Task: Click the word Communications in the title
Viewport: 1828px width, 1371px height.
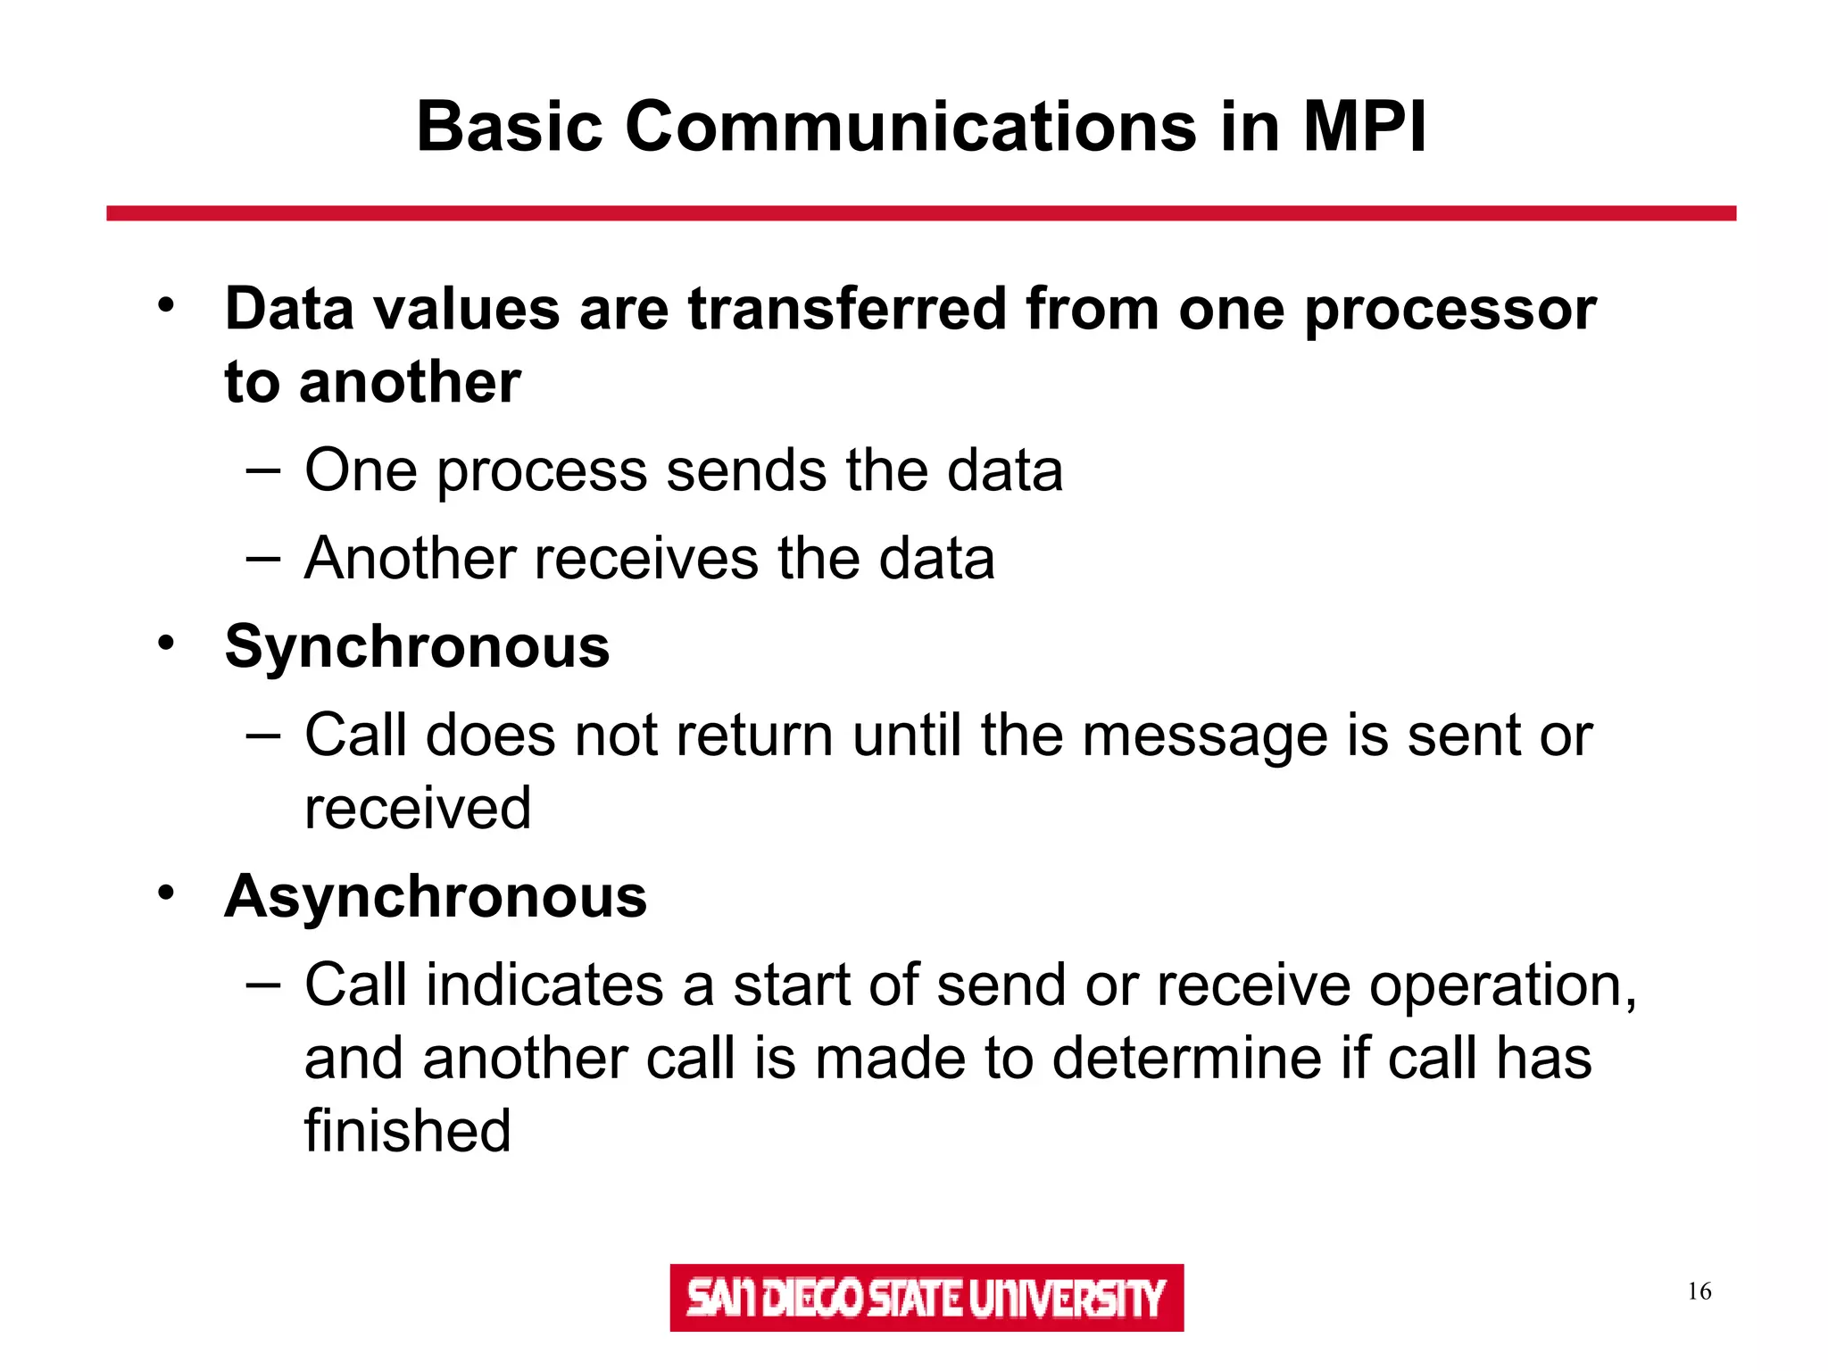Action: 910,127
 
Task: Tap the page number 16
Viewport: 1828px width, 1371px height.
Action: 1699,1292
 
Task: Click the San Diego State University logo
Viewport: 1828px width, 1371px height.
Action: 926,1298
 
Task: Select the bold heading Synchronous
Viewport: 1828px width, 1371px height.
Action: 417,646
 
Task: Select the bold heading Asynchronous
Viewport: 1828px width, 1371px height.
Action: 436,896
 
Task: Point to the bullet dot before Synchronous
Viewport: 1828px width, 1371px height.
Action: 166,643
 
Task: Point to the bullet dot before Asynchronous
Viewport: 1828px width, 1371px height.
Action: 166,893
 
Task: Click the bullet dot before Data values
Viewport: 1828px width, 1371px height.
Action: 166,305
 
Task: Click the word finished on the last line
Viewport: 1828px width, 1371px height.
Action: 408,1130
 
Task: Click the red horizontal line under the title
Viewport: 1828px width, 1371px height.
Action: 921,213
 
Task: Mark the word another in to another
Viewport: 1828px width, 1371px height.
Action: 410,383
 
